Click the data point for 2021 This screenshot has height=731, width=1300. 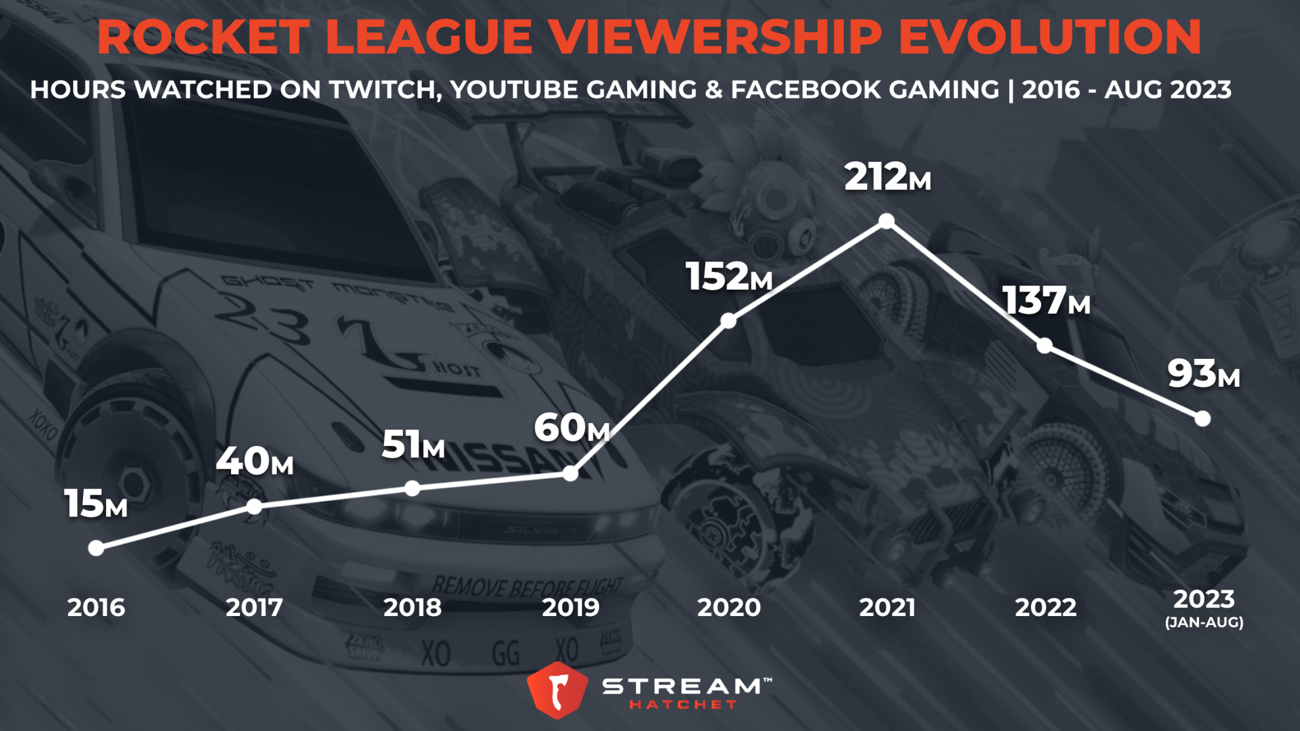point(887,221)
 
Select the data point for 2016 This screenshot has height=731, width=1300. point(96,548)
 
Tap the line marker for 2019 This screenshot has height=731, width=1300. point(571,473)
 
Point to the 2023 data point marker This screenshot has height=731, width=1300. point(1202,419)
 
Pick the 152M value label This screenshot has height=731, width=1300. point(729,277)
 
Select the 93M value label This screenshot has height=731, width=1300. point(1203,374)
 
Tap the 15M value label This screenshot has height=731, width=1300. point(96,504)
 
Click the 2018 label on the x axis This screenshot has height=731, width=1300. point(412,608)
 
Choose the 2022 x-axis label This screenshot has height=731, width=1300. point(1045,608)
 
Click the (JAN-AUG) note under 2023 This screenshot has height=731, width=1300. point(1204,622)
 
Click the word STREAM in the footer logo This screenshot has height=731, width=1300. point(682,686)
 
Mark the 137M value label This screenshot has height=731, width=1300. point(1045,301)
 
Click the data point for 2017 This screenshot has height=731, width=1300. point(254,506)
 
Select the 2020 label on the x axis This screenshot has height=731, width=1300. point(729,608)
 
